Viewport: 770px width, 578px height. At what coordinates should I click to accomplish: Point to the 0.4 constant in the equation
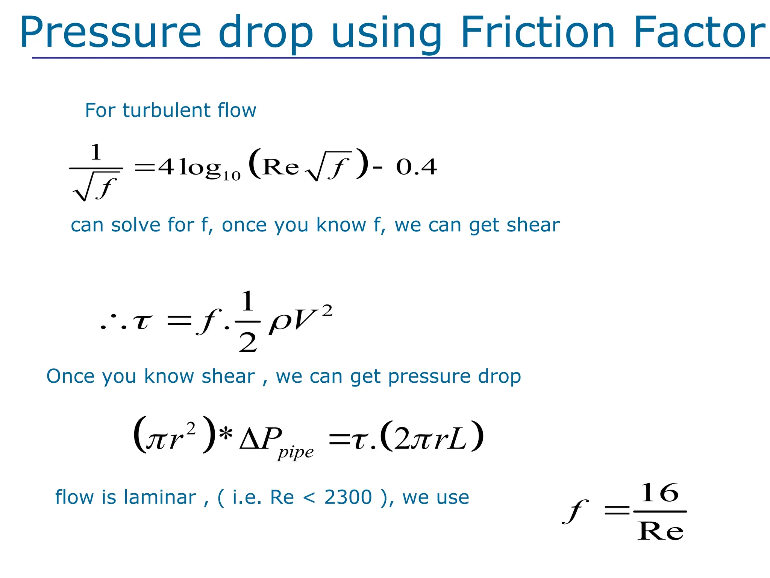(x=416, y=167)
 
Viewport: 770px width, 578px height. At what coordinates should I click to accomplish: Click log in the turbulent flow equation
(x=199, y=168)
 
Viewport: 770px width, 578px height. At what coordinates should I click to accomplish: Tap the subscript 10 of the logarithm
(x=231, y=176)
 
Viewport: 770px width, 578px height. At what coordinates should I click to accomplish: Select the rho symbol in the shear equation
(x=279, y=322)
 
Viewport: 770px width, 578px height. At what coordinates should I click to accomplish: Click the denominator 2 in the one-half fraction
(x=248, y=342)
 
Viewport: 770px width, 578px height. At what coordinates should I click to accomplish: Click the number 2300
(x=348, y=497)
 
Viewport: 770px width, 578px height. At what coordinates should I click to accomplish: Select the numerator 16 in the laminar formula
(x=660, y=493)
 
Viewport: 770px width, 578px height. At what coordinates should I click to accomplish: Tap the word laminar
(x=160, y=497)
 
